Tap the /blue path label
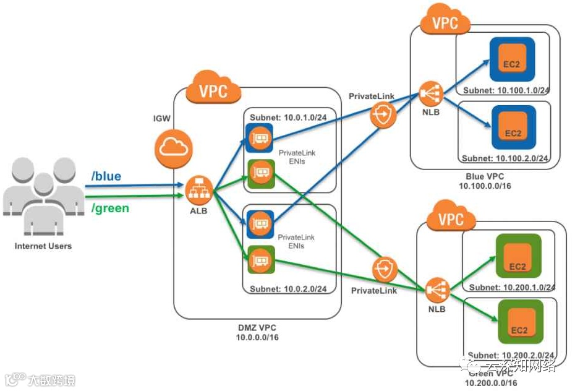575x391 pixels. pyautogui.click(x=106, y=177)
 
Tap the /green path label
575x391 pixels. pyautogui.click(x=110, y=208)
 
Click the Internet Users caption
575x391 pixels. pyautogui.click(x=43, y=246)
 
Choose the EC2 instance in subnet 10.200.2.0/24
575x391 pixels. pyautogui.click(x=519, y=321)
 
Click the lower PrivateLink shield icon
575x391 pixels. pyautogui.click(x=384, y=270)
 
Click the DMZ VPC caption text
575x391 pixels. pyautogui.click(x=257, y=326)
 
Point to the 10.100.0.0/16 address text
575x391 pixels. pyautogui.click(x=485, y=186)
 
